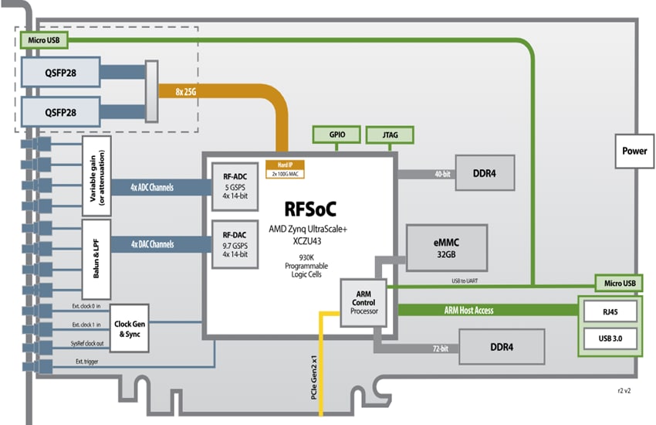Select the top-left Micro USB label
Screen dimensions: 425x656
coord(42,39)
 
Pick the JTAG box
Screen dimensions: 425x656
coord(389,134)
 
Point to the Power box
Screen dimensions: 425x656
coord(634,151)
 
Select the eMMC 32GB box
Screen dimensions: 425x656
coord(447,248)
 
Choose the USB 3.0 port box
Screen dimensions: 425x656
coord(610,338)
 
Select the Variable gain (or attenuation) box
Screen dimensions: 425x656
coord(96,177)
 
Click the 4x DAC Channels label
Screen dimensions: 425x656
coord(152,245)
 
